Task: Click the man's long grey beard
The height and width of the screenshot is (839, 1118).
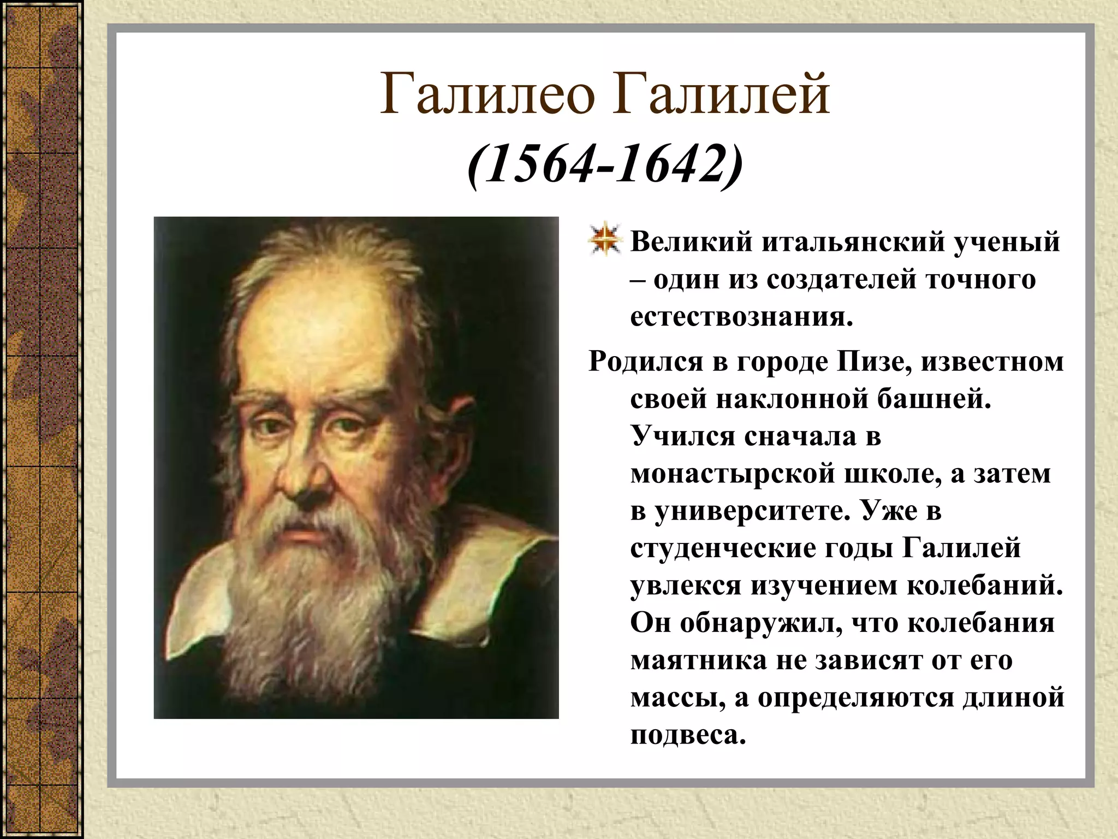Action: pos(306,601)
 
